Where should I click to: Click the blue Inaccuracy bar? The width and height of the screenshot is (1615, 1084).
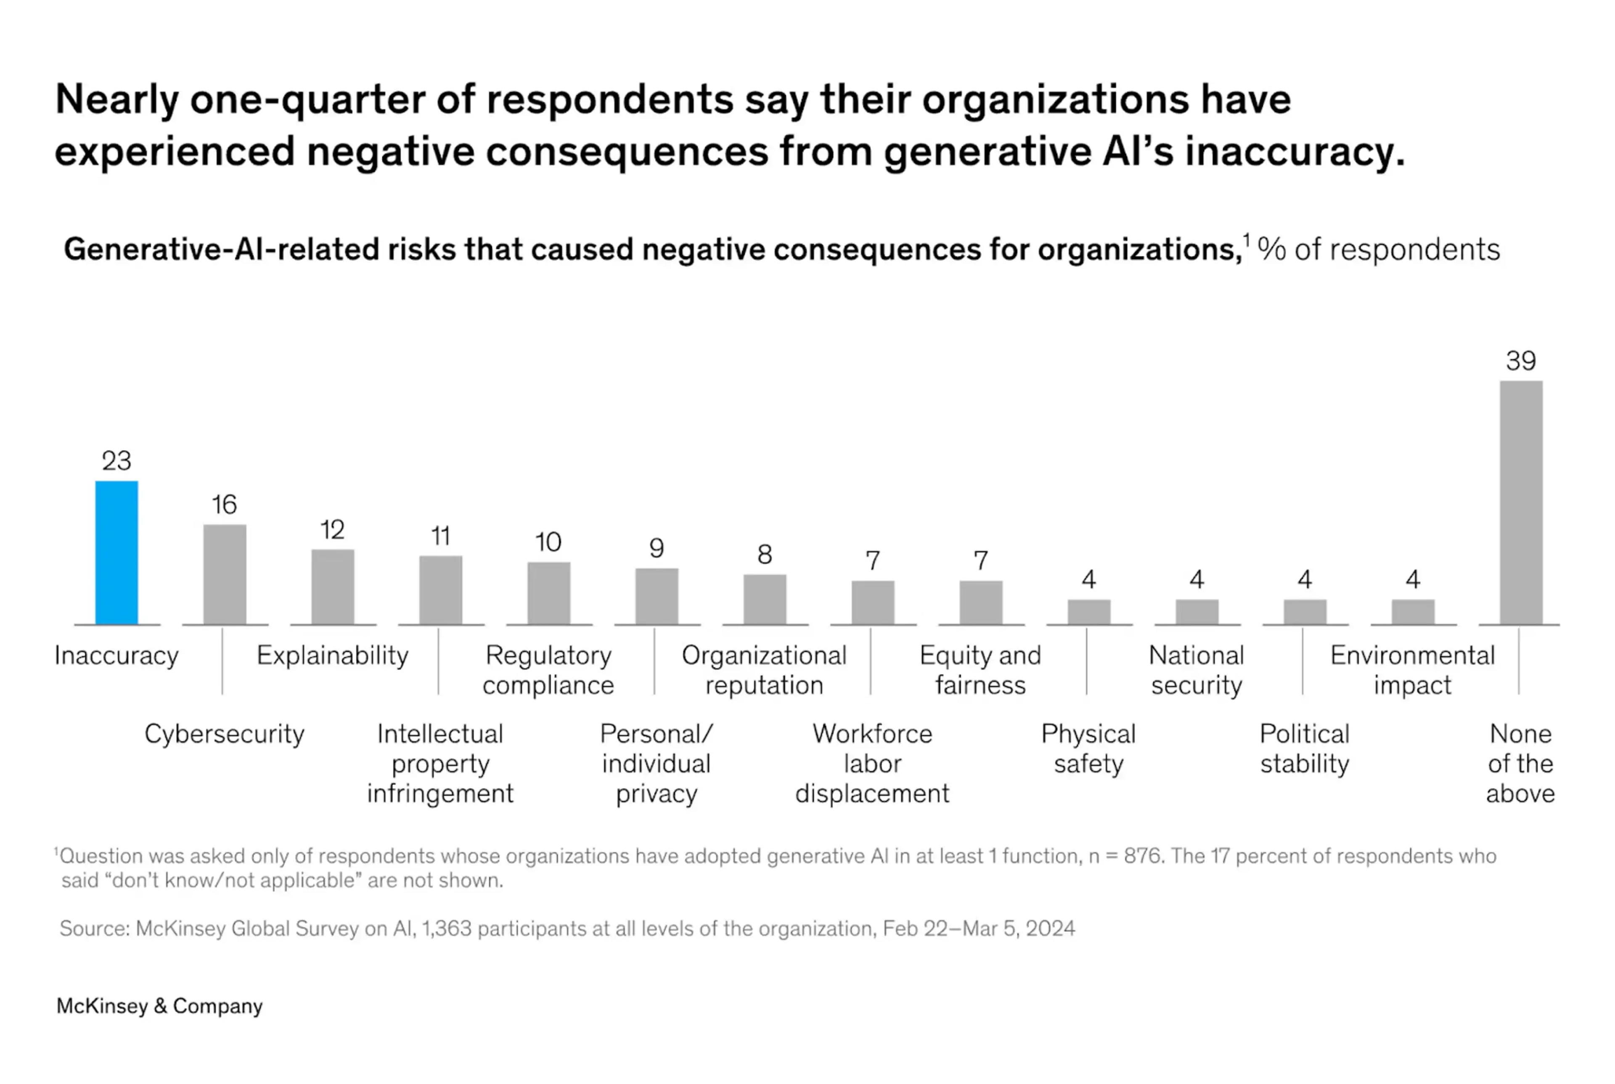(116, 553)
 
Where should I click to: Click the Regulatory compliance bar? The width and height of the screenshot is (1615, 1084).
(548, 593)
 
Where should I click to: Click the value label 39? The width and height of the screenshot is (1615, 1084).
(1520, 361)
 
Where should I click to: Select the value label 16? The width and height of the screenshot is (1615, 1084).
(224, 505)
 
